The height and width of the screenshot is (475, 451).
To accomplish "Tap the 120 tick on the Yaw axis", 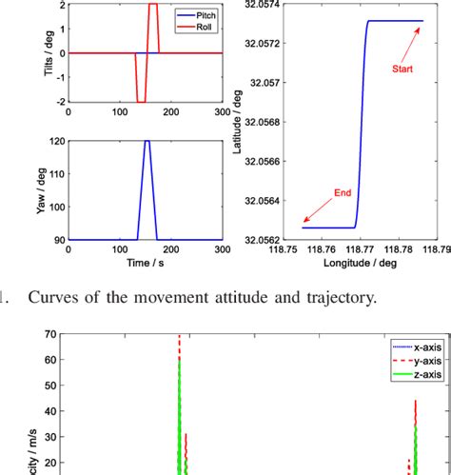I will (x=56, y=141).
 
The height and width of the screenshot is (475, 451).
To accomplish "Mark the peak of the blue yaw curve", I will (x=147, y=141).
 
